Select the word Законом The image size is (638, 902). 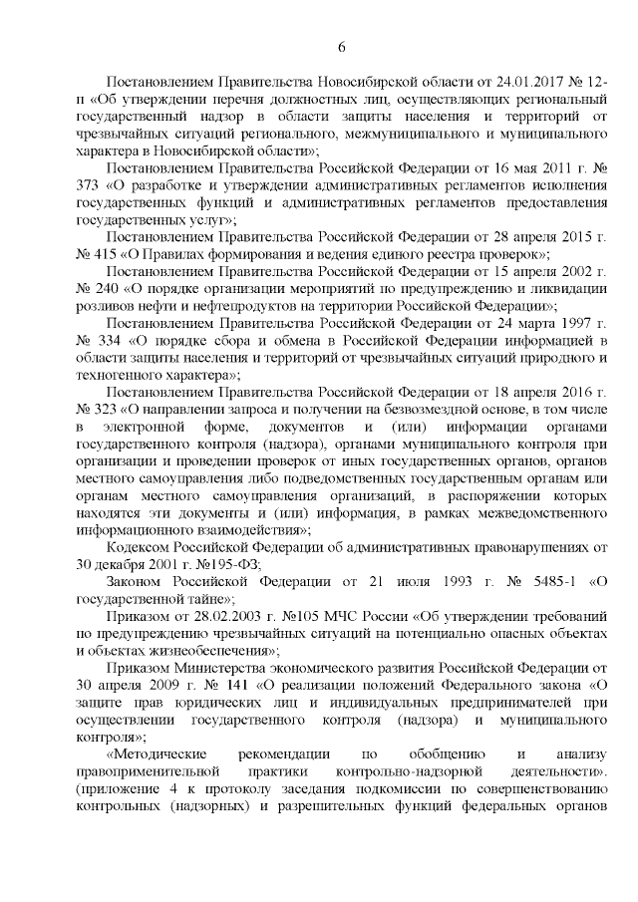140,581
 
